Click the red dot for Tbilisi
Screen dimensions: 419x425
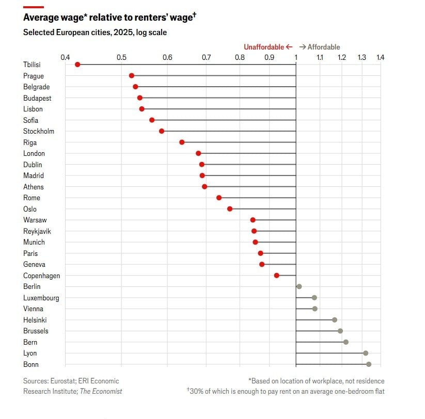pos(77,65)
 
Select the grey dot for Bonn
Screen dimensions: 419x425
pos(369,364)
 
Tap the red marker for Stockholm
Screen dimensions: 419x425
pos(162,131)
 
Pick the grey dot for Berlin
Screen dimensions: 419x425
pos(299,286)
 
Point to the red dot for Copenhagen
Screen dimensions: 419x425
pos(277,276)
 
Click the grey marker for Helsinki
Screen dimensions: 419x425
pos(335,320)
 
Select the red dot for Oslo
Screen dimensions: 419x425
pos(230,209)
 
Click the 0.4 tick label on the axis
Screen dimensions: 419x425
pos(65,57)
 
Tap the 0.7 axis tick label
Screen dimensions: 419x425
pos(206,57)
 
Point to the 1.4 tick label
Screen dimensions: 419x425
pos(381,57)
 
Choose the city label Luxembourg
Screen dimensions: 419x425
pos(41,298)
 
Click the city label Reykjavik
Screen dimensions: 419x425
pos(37,231)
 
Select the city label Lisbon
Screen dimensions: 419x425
pos(33,109)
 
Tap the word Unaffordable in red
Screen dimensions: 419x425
pos(264,47)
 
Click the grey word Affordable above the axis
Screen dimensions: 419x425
pos(324,47)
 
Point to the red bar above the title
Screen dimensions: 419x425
pos(34,7)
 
